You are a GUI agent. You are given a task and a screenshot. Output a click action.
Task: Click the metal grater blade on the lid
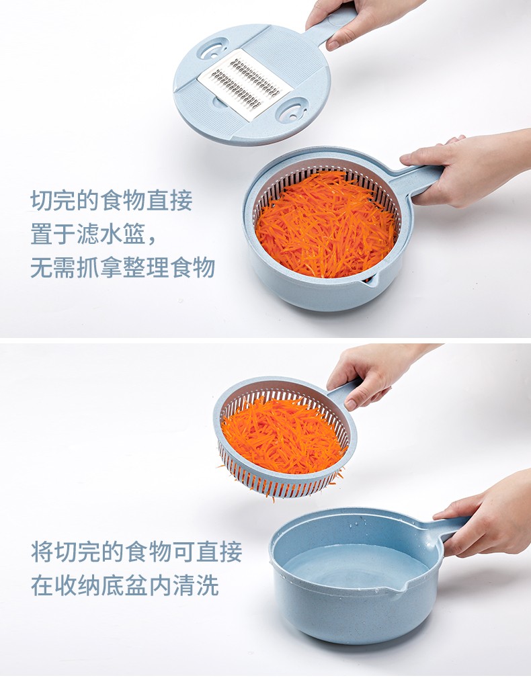[x=245, y=84]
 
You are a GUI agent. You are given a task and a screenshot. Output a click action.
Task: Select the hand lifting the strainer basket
[x=373, y=374]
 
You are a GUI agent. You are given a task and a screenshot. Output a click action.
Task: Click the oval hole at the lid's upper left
[x=212, y=48]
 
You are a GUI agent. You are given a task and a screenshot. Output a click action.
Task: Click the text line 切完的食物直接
[x=112, y=200]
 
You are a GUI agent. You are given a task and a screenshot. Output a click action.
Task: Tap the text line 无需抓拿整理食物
[x=123, y=267]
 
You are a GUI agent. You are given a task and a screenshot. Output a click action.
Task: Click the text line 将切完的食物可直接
[x=136, y=552]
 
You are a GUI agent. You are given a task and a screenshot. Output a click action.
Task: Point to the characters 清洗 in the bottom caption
[x=196, y=585]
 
